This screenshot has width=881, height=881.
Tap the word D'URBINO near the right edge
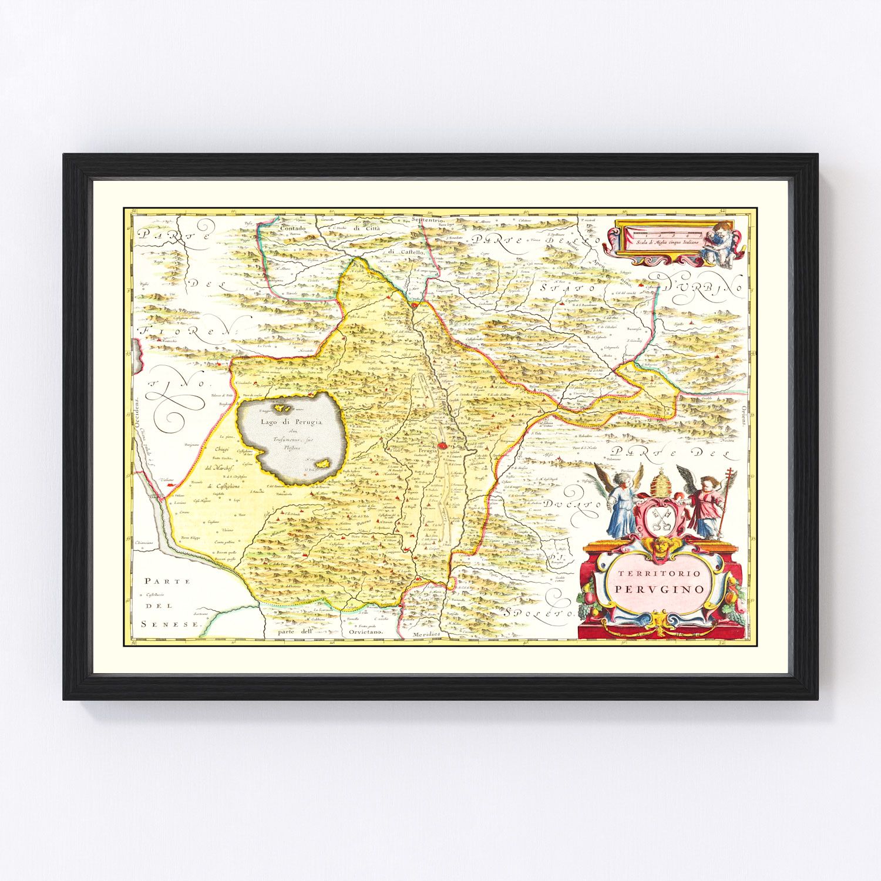[704, 286]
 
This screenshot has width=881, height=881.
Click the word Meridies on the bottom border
[425, 635]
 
